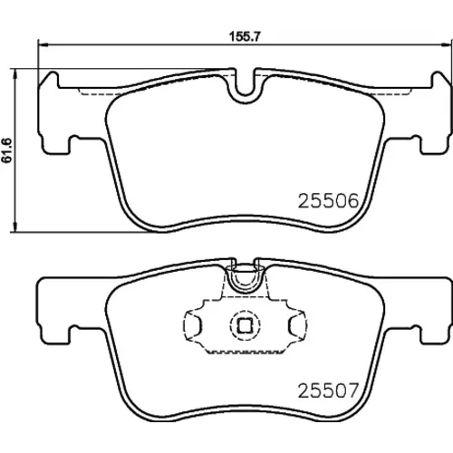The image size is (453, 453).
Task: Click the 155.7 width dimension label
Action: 245,36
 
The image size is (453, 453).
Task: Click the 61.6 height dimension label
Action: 7,150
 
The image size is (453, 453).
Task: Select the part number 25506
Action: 328,201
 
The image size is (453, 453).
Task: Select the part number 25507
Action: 328,390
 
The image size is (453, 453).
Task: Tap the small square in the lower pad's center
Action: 245,325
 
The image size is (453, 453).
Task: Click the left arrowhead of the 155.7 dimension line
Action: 43,45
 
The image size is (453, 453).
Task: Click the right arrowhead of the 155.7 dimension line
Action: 446,45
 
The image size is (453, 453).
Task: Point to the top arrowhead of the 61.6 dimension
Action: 14,73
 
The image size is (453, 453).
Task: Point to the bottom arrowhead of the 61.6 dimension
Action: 14,227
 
